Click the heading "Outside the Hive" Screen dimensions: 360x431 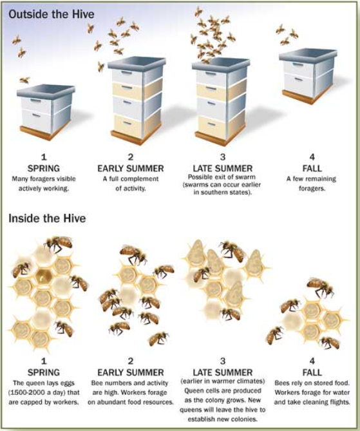click(52, 14)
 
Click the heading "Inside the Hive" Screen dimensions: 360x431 click(47, 218)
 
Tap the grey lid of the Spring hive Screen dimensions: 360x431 click(46, 90)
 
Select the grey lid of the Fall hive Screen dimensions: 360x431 click(308, 54)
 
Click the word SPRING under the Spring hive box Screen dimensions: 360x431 click(44, 168)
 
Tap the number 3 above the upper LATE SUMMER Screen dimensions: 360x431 click(223, 157)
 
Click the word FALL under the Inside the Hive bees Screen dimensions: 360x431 click(312, 372)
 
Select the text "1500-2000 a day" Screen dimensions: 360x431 click(40, 392)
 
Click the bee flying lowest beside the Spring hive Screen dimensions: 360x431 click(24, 80)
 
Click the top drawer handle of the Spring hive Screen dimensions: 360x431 click(35, 101)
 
